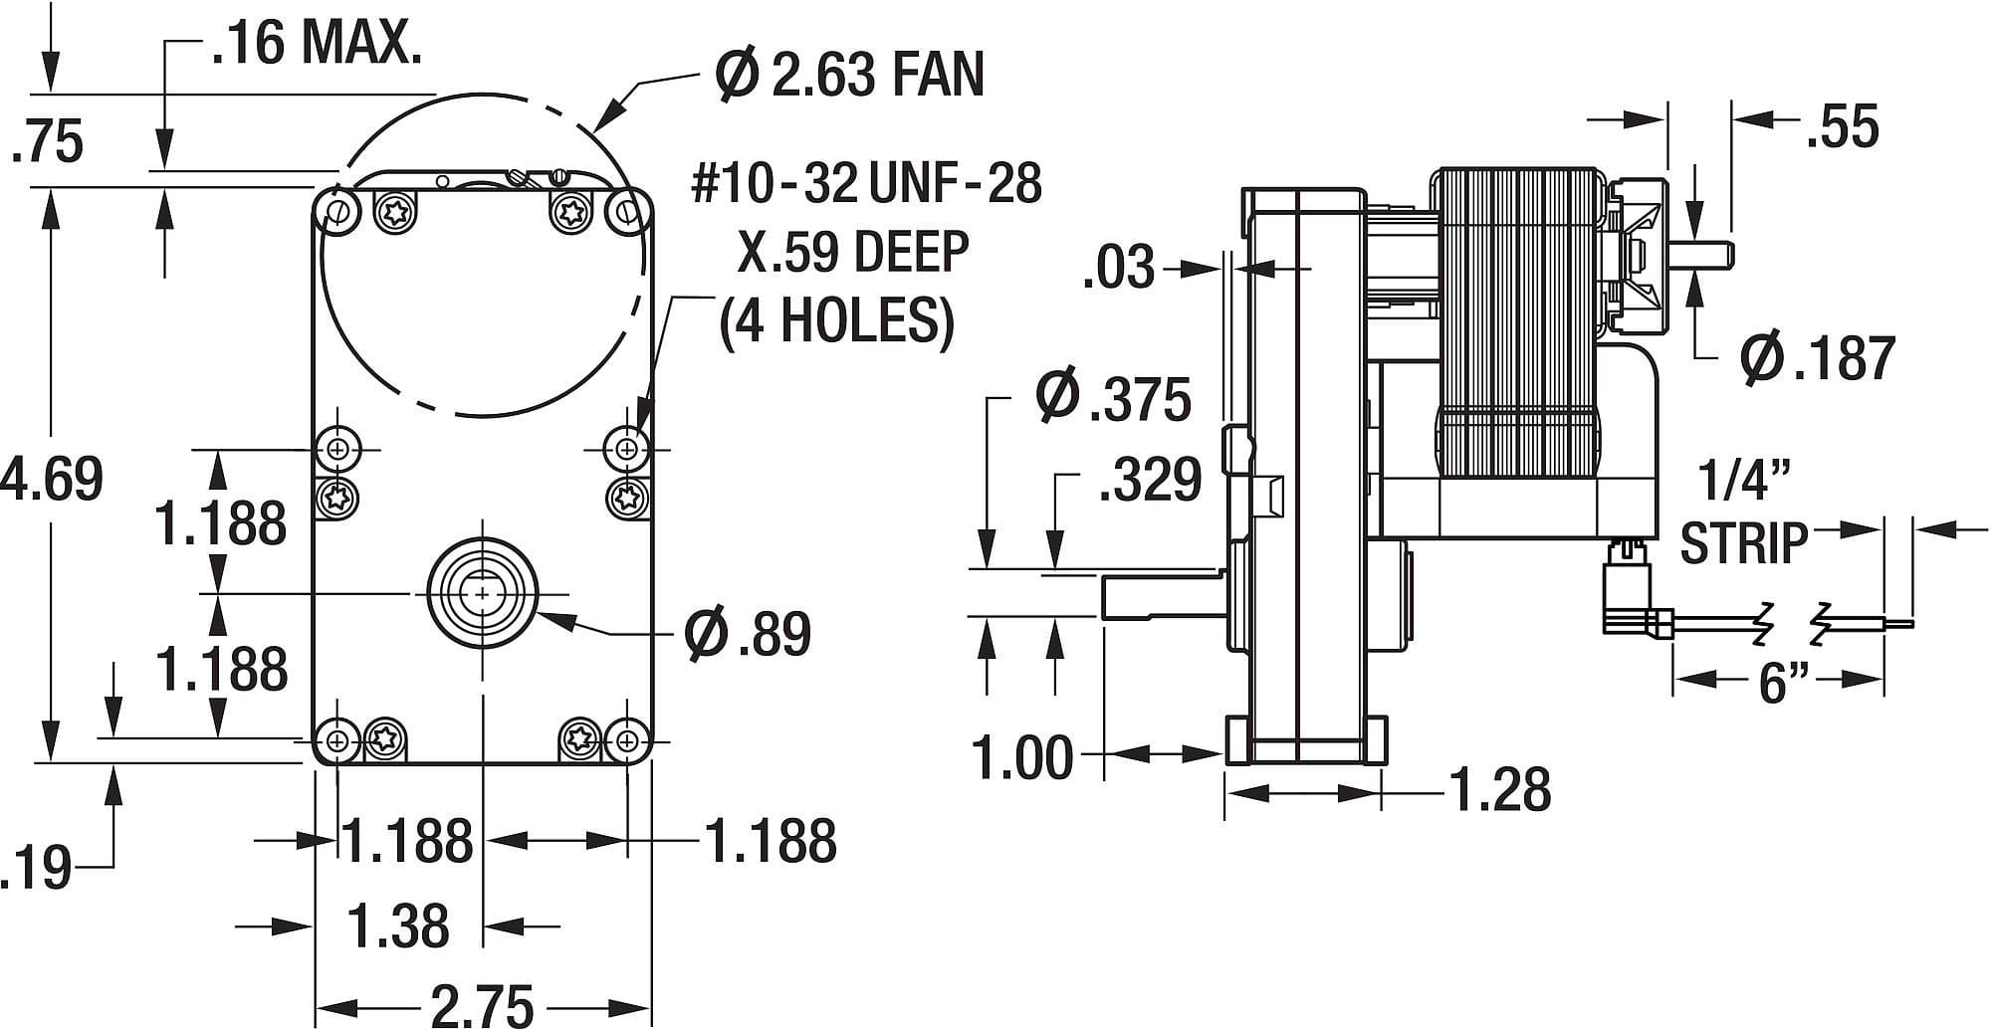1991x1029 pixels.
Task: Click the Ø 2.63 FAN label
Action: (x=849, y=75)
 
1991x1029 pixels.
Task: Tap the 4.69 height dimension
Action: (x=55, y=479)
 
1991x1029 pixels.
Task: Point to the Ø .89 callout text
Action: (x=748, y=633)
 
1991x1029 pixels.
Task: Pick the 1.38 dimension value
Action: (x=398, y=926)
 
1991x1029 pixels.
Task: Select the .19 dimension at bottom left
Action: (x=35, y=869)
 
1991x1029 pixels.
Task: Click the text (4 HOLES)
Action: (x=836, y=320)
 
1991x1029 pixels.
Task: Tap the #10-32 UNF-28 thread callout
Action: (x=866, y=183)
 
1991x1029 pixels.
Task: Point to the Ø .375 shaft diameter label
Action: (x=1113, y=398)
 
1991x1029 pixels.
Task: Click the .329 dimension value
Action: (x=1150, y=480)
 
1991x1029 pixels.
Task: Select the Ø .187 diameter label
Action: (x=1817, y=358)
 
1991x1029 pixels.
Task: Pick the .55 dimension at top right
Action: (x=1842, y=127)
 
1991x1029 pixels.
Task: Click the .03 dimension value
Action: (x=1119, y=268)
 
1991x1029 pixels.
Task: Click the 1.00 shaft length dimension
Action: (x=1023, y=757)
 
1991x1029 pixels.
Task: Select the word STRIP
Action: (x=1743, y=542)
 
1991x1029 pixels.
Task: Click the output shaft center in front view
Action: (x=482, y=593)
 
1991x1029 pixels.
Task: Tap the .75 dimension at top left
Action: (x=47, y=141)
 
